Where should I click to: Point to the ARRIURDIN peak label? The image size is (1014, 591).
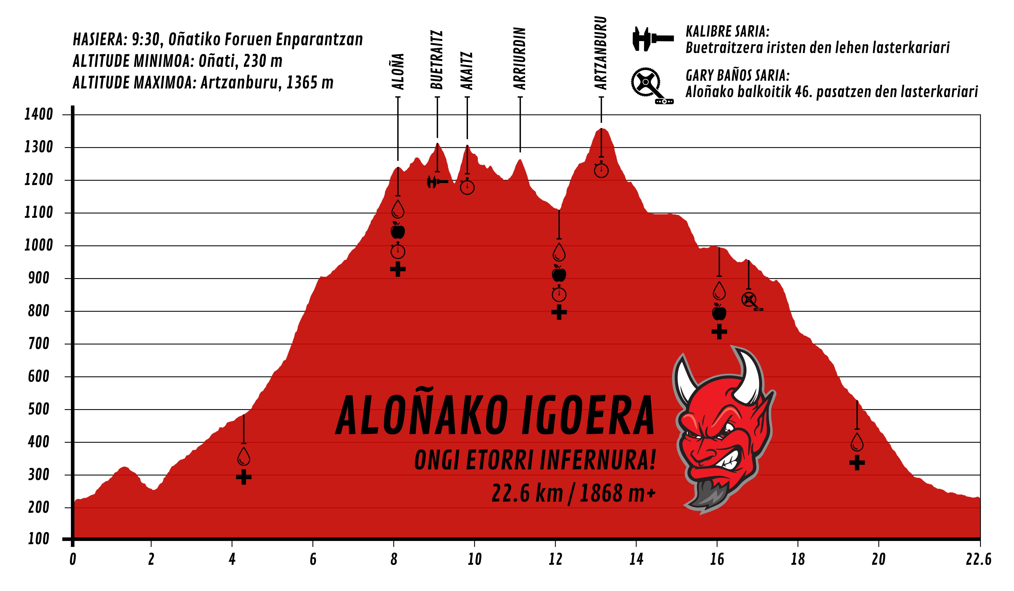(520, 59)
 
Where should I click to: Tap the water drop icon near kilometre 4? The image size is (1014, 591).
(243, 456)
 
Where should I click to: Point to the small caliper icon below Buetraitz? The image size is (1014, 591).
(437, 182)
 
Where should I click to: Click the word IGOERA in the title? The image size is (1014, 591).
(587, 416)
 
